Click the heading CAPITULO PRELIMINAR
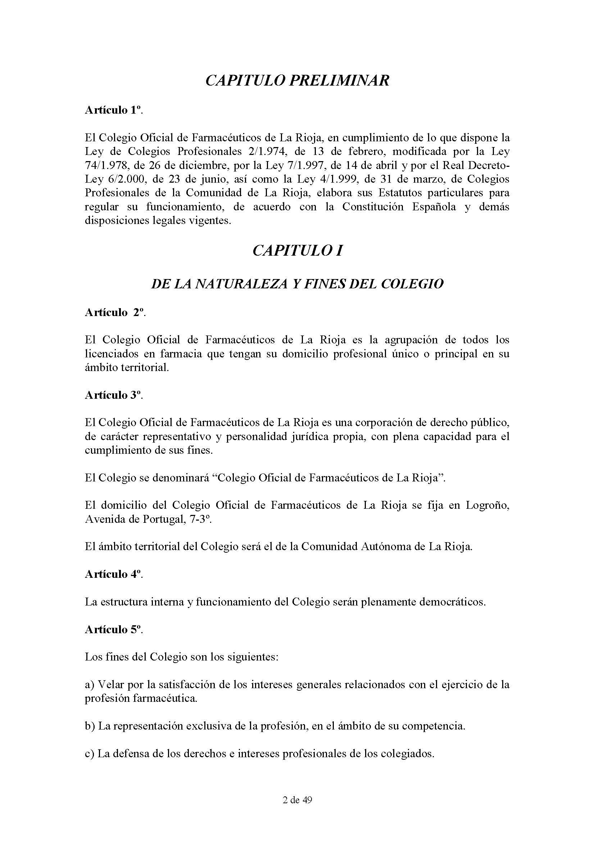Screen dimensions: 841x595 (297, 81)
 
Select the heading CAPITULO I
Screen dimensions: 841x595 (297, 251)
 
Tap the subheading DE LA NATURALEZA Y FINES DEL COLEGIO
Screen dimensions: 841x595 (297, 284)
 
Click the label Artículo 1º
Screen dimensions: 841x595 (114, 110)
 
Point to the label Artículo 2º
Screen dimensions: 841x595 (115, 312)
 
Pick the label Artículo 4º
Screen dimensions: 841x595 (114, 574)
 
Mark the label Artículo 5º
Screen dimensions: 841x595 (114, 629)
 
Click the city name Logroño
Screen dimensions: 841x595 (487, 506)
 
